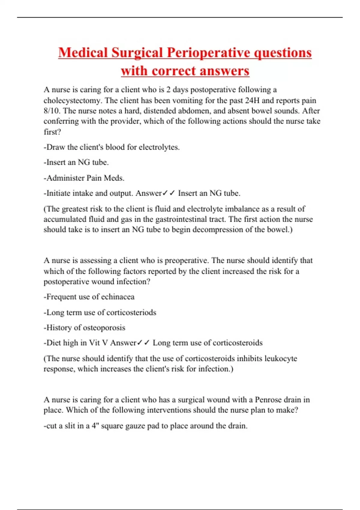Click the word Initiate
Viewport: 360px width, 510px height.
click(59, 193)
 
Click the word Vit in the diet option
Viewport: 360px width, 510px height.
click(94, 343)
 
